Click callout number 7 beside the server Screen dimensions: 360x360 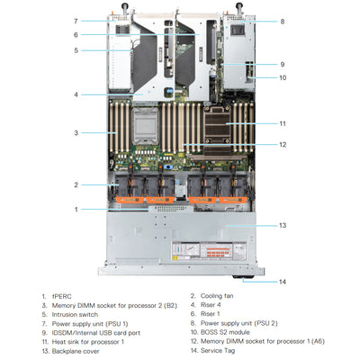(76, 20)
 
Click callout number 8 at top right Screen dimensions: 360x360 (282, 21)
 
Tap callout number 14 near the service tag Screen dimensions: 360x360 (282, 282)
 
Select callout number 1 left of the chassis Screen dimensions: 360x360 (76, 209)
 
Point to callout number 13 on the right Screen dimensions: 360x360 (282, 225)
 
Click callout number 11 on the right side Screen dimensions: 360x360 (282, 123)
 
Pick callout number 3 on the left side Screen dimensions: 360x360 (76, 133)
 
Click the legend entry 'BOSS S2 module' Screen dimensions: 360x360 (227, 331)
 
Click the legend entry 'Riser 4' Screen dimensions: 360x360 (212, 305)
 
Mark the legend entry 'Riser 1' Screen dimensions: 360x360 (212, 314)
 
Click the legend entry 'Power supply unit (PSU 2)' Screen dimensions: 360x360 (239, 322)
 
